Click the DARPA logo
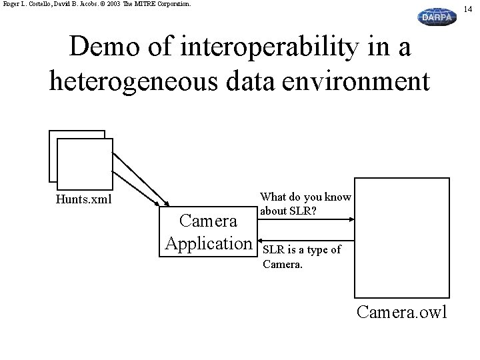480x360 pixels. [x=437, y=17]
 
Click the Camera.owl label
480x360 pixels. [x=402, y=311]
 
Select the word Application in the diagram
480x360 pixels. [x=209, y=243]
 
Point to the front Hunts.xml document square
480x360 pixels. [x=84, y=163]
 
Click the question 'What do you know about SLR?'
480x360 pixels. [x=305, y=205]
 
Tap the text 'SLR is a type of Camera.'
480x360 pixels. [x=301, y=257]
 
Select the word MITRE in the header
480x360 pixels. [x=165, y=4]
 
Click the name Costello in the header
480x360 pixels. [x=36, y=4]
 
